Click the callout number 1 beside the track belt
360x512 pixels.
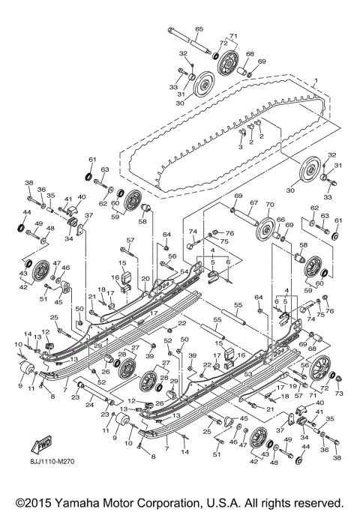[316, 80]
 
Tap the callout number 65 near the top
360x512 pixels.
[199, 28]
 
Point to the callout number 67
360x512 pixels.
[253, 203]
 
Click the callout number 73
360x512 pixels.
[338, 393]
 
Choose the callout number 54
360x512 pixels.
[184, 272]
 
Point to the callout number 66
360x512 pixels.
[280, 220]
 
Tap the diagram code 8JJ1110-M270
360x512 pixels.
[49, 474]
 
